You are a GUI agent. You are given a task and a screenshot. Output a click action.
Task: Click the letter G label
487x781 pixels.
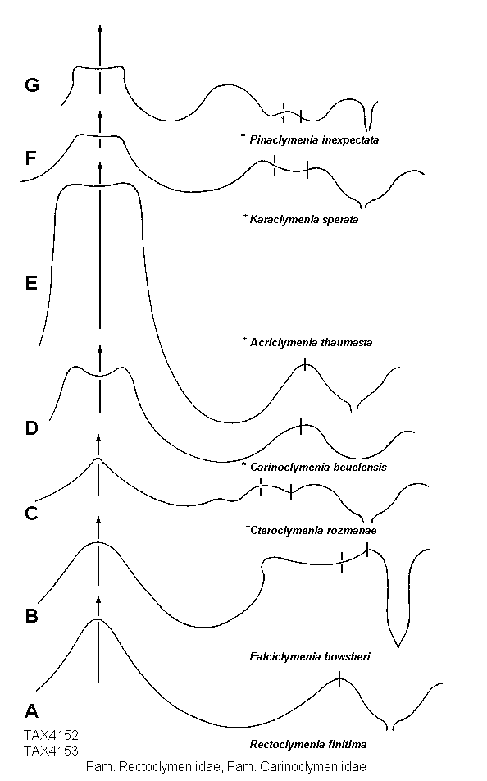pyautogui.click(x=32, y=85)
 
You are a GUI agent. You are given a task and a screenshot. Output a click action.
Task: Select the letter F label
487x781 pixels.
pyautogui.click(x=31, y=158)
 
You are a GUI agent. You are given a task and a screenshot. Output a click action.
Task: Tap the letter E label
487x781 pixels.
pyautogui.click(x=31, y=283)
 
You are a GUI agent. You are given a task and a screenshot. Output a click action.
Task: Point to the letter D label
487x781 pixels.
pyautogui.click(x=31, y=428)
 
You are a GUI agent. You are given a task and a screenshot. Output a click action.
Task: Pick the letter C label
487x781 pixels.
pyautogui.click(x=31, y=513)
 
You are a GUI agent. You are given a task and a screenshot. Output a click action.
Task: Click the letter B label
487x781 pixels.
pyautogui.click(x=31, y=616)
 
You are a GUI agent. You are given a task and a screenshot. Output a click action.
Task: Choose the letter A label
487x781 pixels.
pyautogui.click(x=31, y=710)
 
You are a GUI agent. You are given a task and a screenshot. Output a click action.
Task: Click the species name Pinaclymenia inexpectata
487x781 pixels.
pyautogui.click(x=314, y=140)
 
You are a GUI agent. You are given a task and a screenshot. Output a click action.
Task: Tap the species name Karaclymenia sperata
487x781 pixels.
pyautogui.click(x=303, y=220)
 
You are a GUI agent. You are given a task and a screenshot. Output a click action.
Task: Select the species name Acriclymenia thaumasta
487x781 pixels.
pyautogui.click(x=312, y=342)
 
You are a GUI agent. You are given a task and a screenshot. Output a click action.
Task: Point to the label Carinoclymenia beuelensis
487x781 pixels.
pyautogui.click(x=318, y=468)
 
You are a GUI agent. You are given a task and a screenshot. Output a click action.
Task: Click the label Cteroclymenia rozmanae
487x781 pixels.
pyautogui.click(x=313, y=530)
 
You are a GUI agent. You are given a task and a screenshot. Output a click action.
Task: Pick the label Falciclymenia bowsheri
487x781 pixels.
pyautogui.click(x=310, y=656)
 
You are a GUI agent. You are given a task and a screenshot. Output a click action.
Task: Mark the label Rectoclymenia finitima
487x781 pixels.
pyautogui.click(x=308, y=745)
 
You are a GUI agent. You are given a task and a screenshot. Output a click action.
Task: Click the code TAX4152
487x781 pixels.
pyautogui.click(x=52, y=736)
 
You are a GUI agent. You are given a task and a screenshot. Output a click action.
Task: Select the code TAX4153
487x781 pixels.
pyautogui.click(x=52, y=750)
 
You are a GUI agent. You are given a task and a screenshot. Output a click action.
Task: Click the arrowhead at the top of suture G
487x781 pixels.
pyautogui.click(x=100, y=29)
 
